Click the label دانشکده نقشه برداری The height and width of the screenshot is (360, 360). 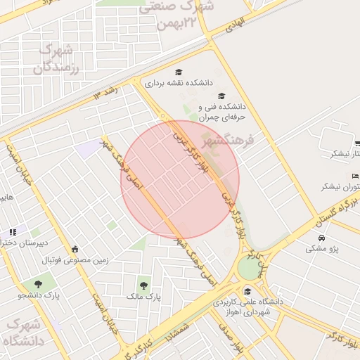click(x=179, y=83)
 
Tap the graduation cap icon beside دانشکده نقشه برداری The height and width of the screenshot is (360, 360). click(x=179, y=72)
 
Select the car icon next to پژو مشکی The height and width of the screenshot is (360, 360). click(x=311, y=248)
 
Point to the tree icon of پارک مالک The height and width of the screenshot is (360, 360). click(x=143, y=285)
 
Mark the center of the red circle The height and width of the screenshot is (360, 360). click(x=181, y=180)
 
